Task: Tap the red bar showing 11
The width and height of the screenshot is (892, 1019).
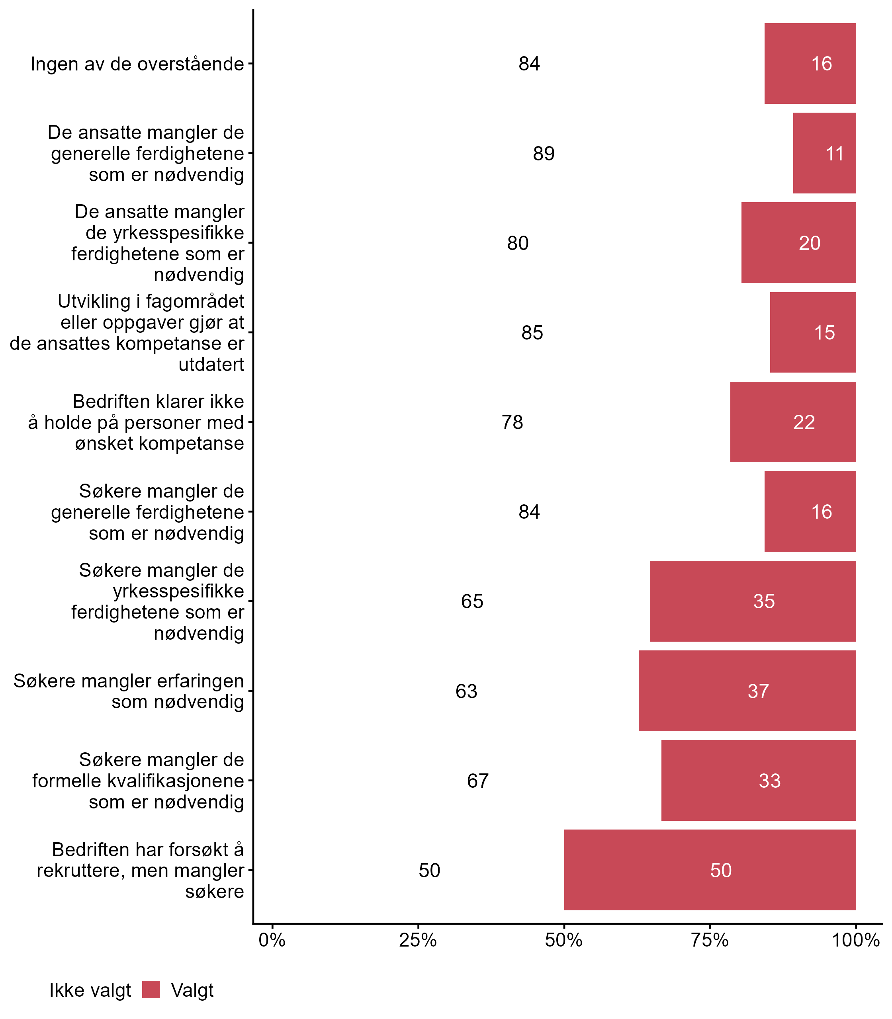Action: click(824, 153)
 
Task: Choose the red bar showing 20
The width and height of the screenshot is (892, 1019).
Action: click(798, 243)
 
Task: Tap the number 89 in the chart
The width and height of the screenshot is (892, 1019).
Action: click(544, 154)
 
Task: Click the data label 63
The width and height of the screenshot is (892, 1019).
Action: click(466, 691)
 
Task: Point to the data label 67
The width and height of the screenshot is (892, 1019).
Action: click(478, 781)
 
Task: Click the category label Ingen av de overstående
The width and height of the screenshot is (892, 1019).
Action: click(137, 64)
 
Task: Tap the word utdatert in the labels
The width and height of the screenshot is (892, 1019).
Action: click(211, 365)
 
